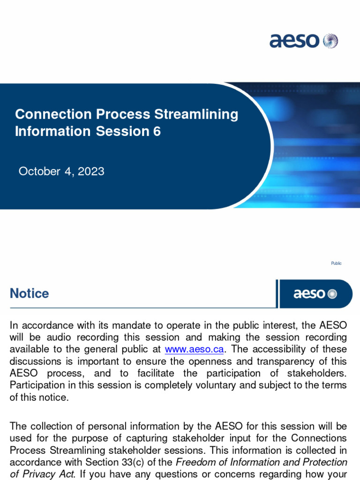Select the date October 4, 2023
61,172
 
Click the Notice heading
29,294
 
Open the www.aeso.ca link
194,349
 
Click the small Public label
336,263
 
